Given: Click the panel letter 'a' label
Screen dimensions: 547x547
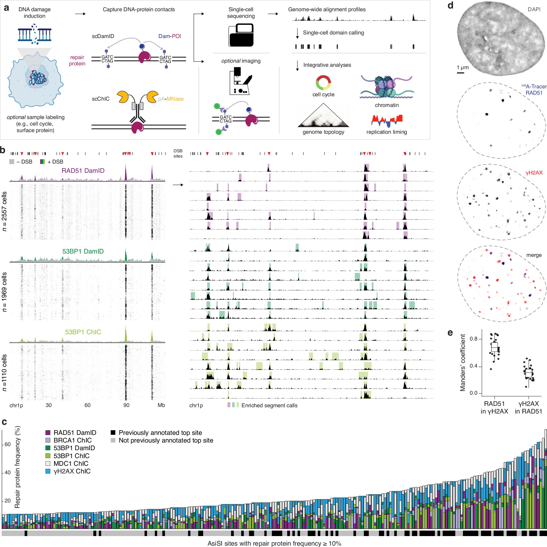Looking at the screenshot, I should pyautogui.click(x=6, y=8).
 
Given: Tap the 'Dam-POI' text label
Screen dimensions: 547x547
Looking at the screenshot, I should pyautogui.click(x=169, y=36).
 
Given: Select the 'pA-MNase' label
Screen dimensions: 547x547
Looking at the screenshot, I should pyautogui.click(x=171, y=99).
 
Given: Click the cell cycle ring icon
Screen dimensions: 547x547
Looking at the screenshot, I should pyautogui.click(x=323, y=83).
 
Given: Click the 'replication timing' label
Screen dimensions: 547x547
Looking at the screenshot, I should pyautogui.click(x=386, y=132).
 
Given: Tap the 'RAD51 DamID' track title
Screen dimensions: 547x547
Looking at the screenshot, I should pyautogui.click(x=83, y=171).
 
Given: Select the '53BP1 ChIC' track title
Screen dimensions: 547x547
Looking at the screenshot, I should pyautogui.click(x=83, y=332).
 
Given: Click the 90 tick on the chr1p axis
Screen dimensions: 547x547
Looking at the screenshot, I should pyautogui.click(x=126, y=405).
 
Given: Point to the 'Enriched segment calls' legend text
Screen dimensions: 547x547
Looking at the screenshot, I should pyautogui.click(x=269, y=405).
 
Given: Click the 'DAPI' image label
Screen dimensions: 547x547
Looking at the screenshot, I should pyautogui.click(x=534, y=9).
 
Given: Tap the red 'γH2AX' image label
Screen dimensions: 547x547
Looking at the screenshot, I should pyautogui.click(x=534, y=173).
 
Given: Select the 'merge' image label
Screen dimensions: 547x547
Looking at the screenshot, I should pyautogui.click(x=534, y=255).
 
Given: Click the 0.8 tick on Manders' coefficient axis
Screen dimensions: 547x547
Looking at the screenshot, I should pyautogui.click(x=474, y=339).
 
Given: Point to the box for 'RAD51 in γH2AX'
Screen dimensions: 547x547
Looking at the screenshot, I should pyautogui.click(x=494, y=347).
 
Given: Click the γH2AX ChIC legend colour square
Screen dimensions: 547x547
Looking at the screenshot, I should pyautogui.click(x=48, y=472).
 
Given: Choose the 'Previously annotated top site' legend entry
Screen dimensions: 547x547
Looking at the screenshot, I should pyautogui.click(x=160, y=433).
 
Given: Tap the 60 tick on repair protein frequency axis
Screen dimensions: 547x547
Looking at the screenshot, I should pyautogui.click(x=7, y=444).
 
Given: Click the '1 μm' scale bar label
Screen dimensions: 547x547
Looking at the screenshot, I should pyautogui.click(x=463, y=68).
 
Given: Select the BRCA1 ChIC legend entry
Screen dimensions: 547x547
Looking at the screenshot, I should pyautogui.click(x=72, y=440).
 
